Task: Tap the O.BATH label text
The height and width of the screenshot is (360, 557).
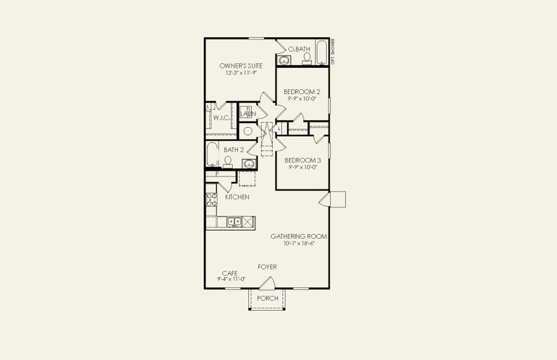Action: (298, 49)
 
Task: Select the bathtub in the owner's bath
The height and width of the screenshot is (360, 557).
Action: (322, 52)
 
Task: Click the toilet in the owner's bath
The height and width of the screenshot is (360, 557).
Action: (307, 58)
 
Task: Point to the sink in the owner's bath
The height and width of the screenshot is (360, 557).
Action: (284, 60)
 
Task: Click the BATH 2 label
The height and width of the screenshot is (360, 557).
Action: (233, 149)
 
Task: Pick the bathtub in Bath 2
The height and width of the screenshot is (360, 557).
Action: (212, 154)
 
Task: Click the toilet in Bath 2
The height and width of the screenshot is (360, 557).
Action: (228, 161)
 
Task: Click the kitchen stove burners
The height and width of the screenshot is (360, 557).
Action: (211, 199)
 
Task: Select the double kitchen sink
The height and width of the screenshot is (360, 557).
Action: (234, 222)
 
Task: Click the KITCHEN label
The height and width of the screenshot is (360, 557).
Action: (237, 197)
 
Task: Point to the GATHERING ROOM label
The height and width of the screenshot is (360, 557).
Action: (299, 236)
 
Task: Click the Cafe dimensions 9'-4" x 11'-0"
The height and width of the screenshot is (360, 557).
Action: (231, 279)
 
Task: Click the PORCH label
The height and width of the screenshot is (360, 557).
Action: (267, 298)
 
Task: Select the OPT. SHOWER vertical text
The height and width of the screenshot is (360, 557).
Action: (333, 52)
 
